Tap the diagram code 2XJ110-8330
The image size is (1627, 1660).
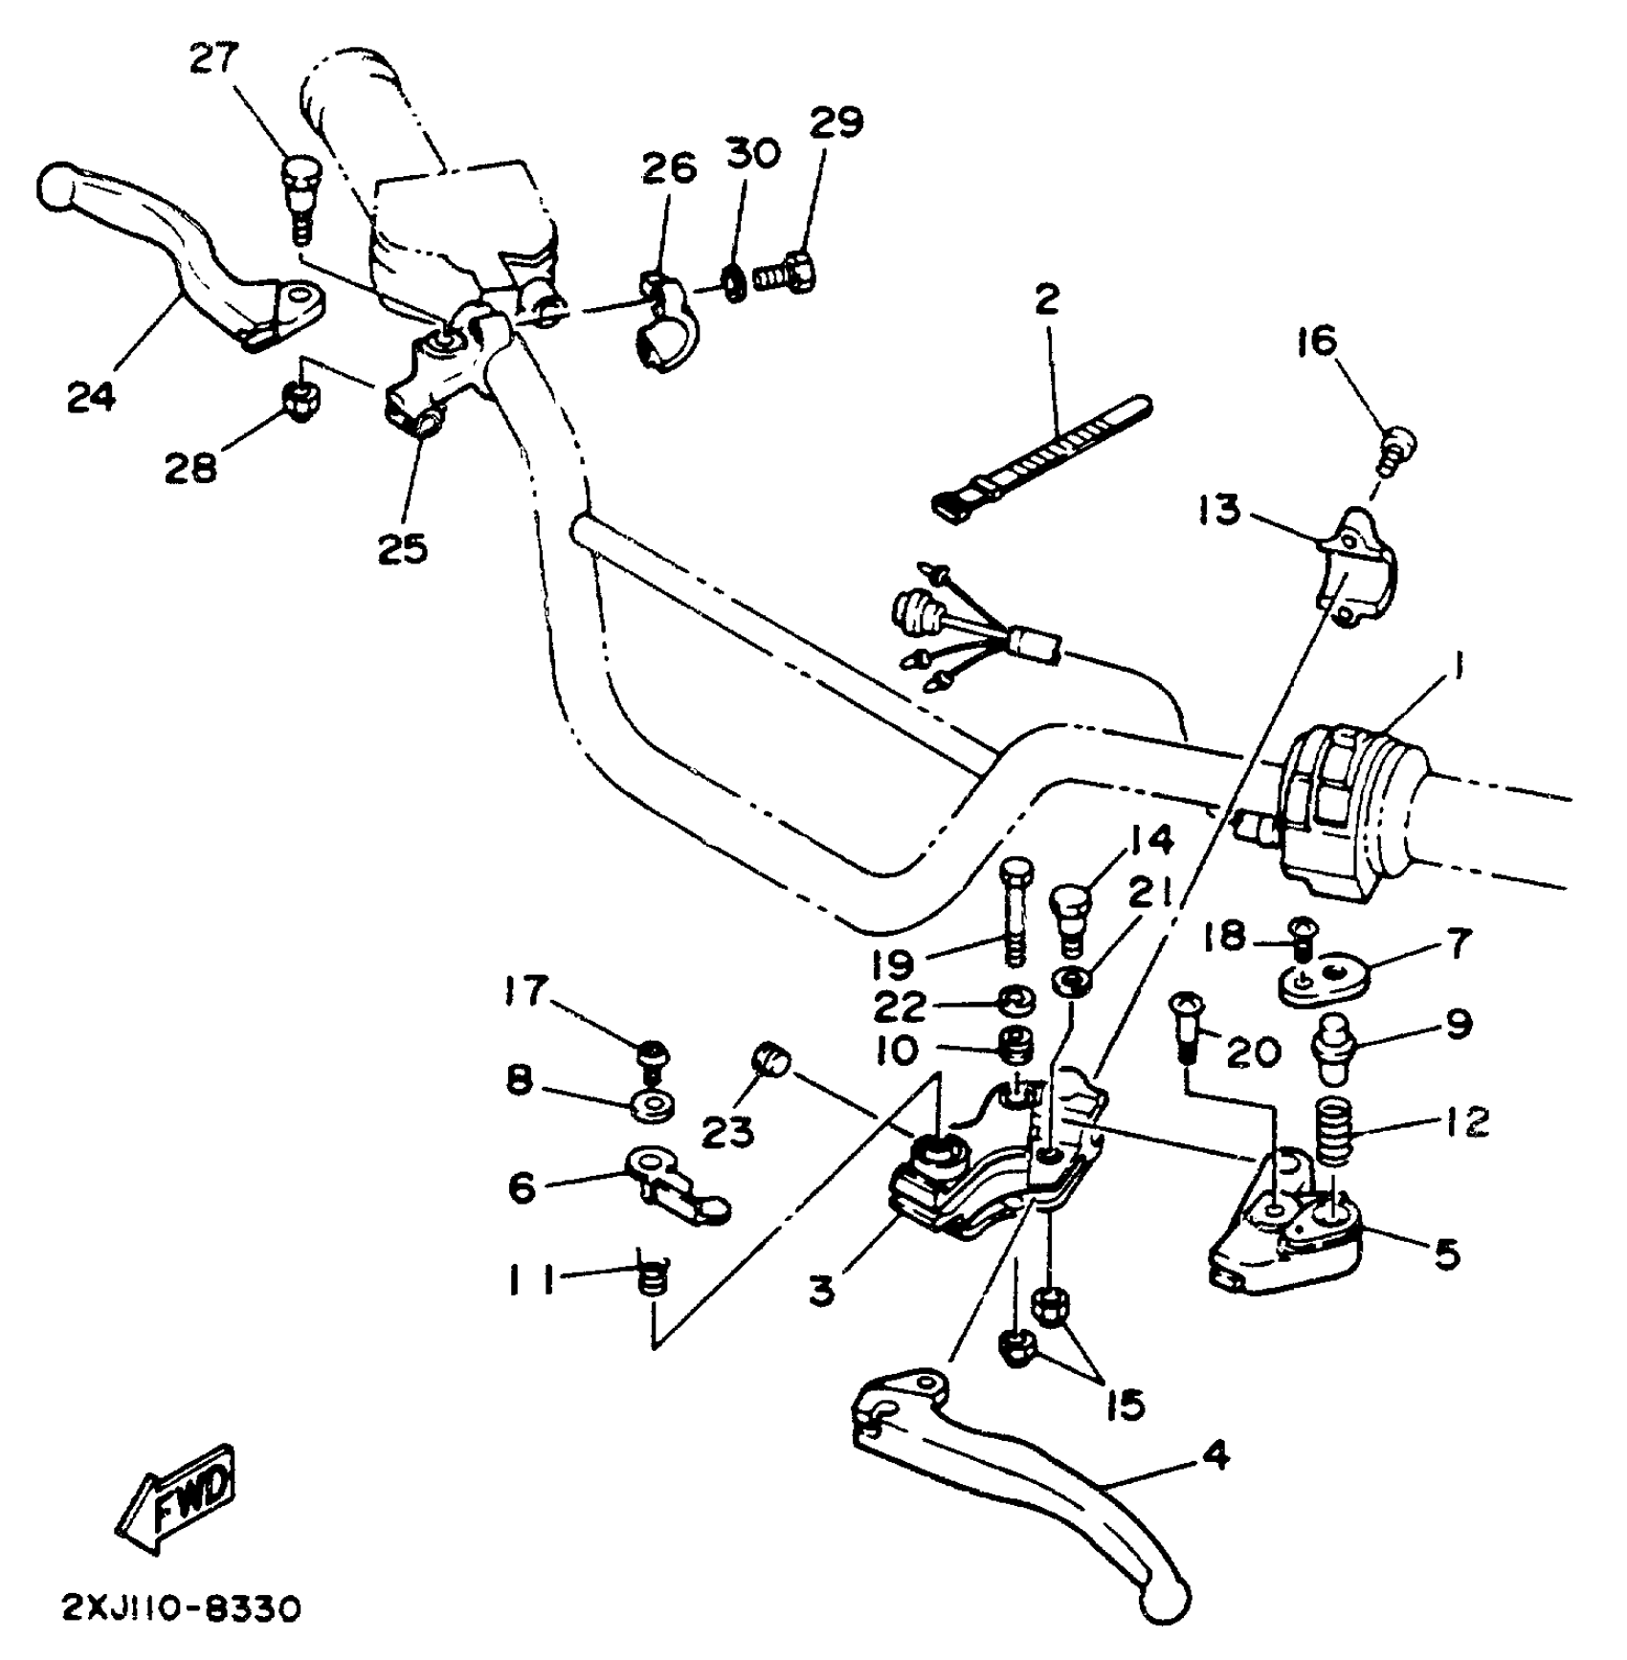pos(182,1607)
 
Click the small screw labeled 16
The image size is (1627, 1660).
pos(1399,447)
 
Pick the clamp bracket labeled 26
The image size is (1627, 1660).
pos(663,321)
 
